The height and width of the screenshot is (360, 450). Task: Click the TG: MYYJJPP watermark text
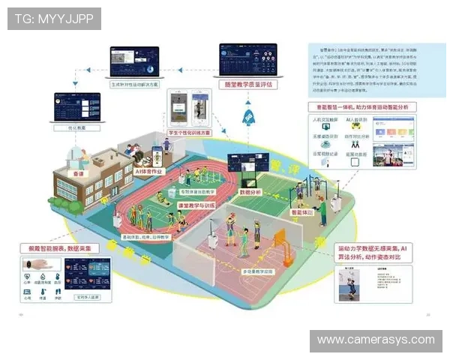tap(54, 18)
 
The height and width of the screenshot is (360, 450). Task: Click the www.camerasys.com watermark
tap(375, 340)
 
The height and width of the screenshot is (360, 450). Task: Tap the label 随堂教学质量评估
tap(248, 85)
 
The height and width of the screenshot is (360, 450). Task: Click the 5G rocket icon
tap(249, 117)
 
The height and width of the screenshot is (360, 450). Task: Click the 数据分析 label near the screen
tap(250, 192)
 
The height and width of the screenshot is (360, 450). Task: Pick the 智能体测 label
tap(302, 212)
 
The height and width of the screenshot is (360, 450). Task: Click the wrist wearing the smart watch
tap(38, 265)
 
